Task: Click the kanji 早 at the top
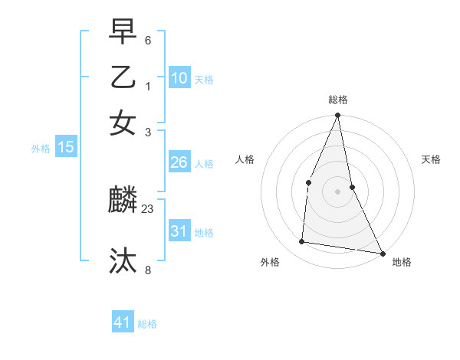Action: pyautogui.click(x=123, y=33)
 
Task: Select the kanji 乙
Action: pyautogui.click(x=123, y=77)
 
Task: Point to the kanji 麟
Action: pyautogui.click(x=123, y=201)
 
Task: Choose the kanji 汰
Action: pyautogui.click(x=123, y=260)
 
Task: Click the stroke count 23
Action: pyautogui.click(x=148, y=208)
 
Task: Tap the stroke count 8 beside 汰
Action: pyautogui.click(x=148, y=269)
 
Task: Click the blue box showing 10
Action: pyautogui.click(x=179, y=78)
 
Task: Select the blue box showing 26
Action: pyautogui.click(x=179, y=162)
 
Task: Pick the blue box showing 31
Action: pyautogui.click(x=179, y=231)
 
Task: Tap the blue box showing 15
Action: pyautogui.click(x=65, y=147)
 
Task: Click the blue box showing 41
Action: pyautogui.click(x=123, y=322)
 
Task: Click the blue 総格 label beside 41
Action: pyautogui.click(x=147, y=324)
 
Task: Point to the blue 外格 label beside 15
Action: pyautogui.click(x=41, y=149)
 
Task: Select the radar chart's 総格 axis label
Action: pyautogui.click(x=338, y=100)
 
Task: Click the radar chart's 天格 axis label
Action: pyautogui.click(x=432, y=159)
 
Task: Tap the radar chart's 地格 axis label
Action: pyautogui.click(x=402, y=263)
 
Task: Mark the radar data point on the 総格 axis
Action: pyautogui.click(x=337, y=116)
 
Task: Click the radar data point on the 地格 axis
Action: pyautogui.click(x=382, y=253)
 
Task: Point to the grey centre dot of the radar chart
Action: pyautogui.click(x=337, y=191)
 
